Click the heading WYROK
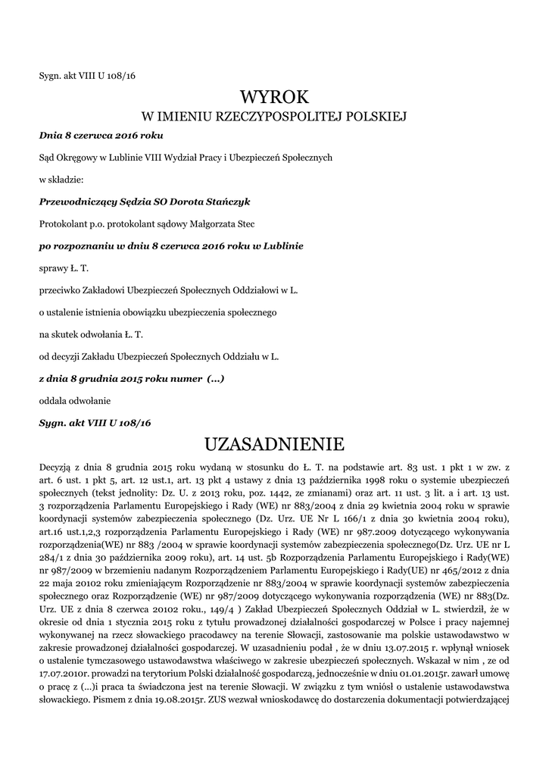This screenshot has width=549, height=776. pos(274,96)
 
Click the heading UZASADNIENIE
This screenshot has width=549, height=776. pos(274,442)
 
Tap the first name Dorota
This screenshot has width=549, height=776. pos(192,202)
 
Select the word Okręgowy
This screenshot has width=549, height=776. pos(78,157)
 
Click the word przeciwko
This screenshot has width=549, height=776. pos(58,289)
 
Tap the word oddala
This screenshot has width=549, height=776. pos(52,399)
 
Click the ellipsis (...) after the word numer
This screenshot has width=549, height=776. pos(216,377)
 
